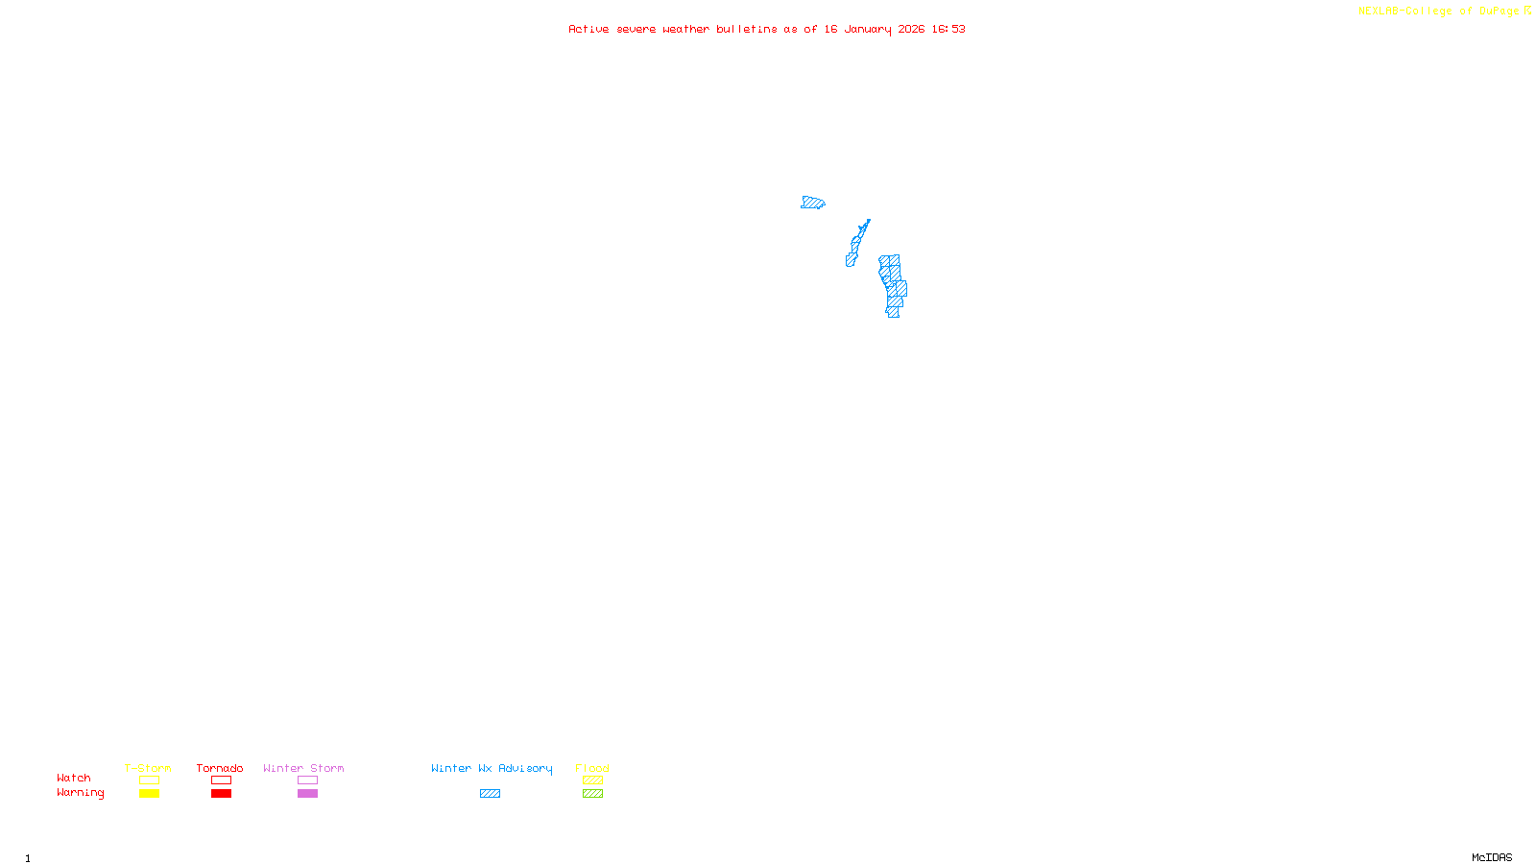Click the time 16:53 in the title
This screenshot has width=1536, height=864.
[x=948, y=29]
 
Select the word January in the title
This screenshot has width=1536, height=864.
[x=867, y=29]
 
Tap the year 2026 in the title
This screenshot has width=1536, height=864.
[x=911, y=29]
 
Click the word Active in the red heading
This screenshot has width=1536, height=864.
[x=588, y=29]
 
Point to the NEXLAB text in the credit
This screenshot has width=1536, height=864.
[x=1379, y=11]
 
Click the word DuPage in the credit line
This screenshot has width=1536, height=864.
[x=1499, y=11]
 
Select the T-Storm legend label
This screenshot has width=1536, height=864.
[x=148, y=768]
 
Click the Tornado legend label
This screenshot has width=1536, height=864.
[x=220, y=768]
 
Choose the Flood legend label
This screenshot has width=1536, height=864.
[x=592, y=768]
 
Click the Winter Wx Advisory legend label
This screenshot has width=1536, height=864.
[x=492, y=768]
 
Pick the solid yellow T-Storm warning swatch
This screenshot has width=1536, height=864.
[x=149, y=794]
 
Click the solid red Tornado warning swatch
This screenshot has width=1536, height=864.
[x=222, y=794]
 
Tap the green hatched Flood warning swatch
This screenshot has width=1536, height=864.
[x=592, y=794]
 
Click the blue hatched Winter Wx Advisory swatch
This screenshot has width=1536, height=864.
[x=490, y=794]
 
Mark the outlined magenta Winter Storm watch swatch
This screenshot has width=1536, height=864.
[x=307, y=780]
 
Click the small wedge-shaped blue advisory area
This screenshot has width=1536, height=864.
[x=812, y=203]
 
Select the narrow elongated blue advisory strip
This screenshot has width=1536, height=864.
[x=857, y=242]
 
